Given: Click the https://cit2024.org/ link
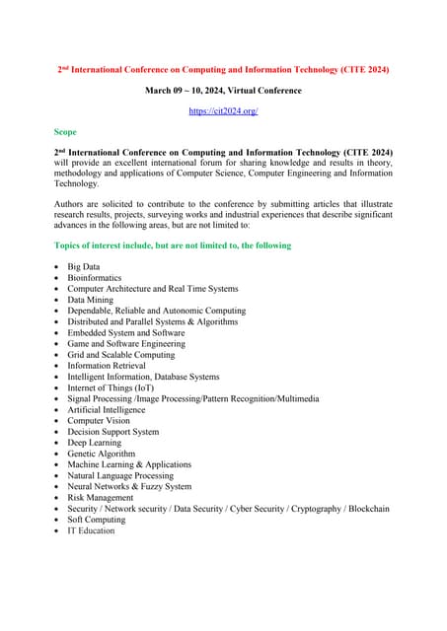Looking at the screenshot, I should point(223,111).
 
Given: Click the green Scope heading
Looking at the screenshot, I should point(65,130).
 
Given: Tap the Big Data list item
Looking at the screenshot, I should point(83,266).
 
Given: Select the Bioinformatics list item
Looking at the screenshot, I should point(95,278).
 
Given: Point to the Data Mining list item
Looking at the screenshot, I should point(90,300).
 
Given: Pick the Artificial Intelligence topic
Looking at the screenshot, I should point(106,409).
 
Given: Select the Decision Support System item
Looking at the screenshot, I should point(112,432).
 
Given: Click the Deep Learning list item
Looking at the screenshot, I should point(94,443).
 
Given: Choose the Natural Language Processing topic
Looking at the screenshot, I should point(119,475).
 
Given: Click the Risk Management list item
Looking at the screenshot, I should point(100,498).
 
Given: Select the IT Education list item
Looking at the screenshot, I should point(91,530).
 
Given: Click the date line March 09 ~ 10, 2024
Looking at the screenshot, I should point(223,91).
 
